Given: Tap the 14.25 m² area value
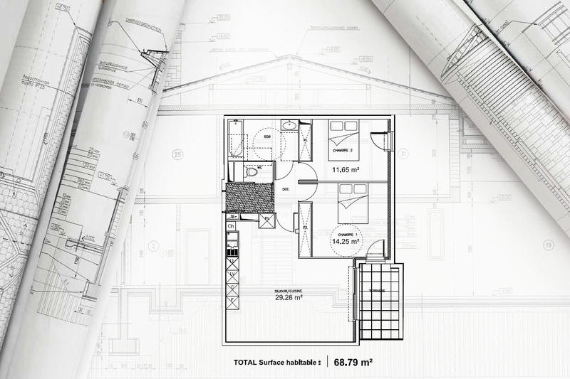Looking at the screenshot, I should coord(345,241).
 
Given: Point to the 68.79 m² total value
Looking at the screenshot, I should coord(353,362).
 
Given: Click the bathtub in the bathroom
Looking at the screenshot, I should coord(237,138).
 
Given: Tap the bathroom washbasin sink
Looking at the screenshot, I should coord(289,126).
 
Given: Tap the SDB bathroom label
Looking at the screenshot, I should coord(266,136).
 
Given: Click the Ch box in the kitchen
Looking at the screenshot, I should coord(231,226).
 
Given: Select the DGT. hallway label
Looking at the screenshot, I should coord(285,189).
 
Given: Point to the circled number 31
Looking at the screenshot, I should coord(403,153).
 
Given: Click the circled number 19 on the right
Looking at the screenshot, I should coord(548,246).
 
